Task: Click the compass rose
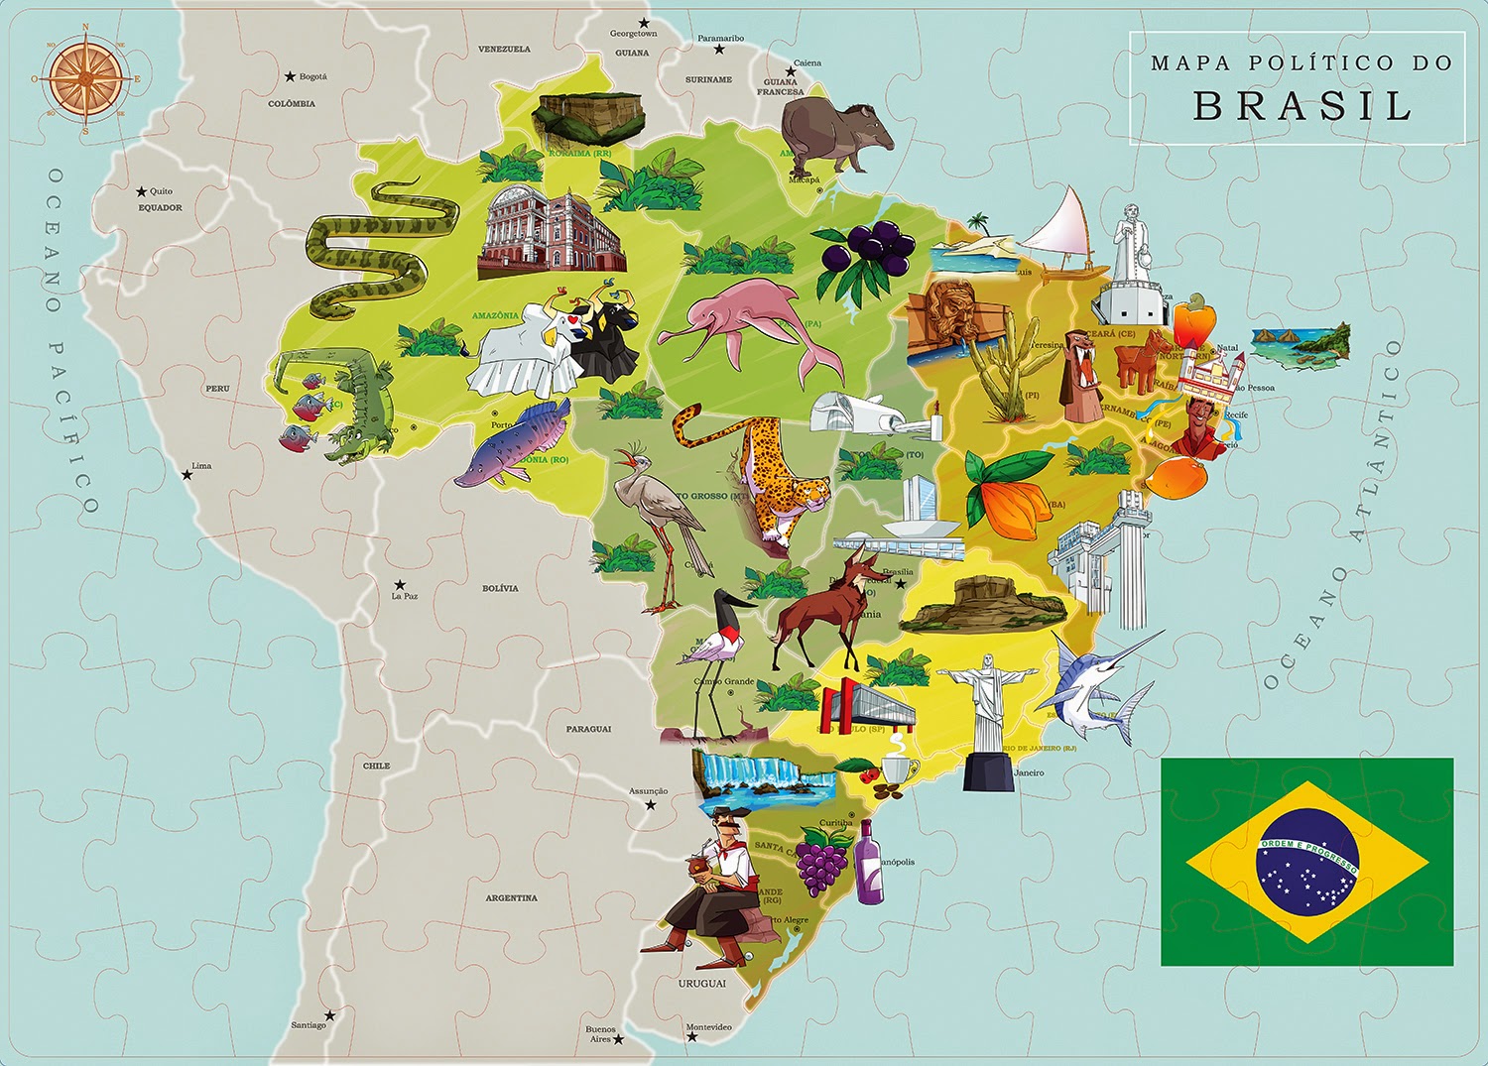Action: click(x=85, y=78)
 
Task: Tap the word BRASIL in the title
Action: click(x=1302, y=106)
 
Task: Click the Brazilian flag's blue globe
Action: click(x=1306, y=861)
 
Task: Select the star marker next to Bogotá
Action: click(x=290, y=76)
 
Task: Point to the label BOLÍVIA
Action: click(x=500, y=588)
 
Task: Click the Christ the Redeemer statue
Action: click(x=989, y=709)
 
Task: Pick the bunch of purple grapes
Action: click(x=822, y=861)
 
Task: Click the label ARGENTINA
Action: click(x=511, y=897)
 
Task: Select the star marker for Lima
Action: click(x=186, y=475)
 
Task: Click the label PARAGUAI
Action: click(x=588, y=729)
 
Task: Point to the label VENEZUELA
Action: click(x=504, y=49)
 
